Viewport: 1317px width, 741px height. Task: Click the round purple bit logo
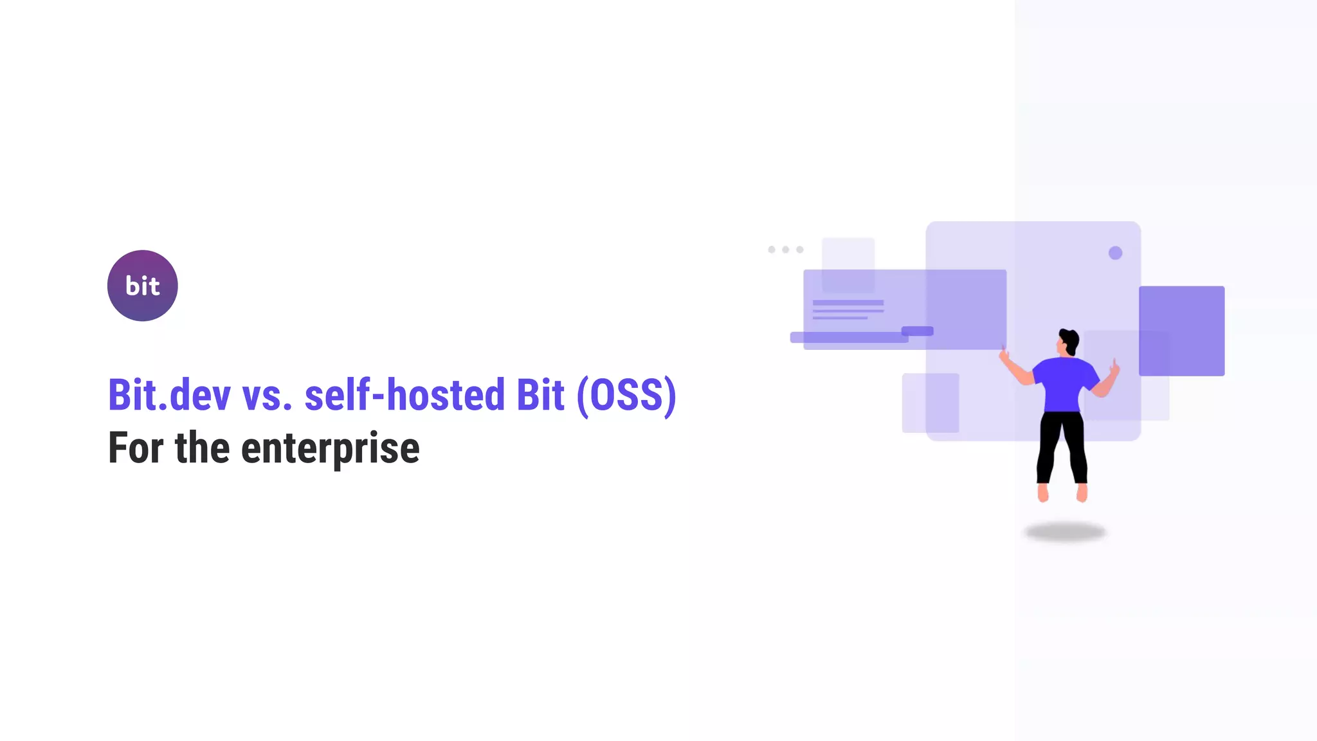tap(142, 286)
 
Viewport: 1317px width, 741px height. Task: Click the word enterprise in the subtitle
tap(330, 448)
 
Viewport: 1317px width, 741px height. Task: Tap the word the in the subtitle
tap(202, 448)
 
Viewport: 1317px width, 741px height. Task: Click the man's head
tap(1068, 341)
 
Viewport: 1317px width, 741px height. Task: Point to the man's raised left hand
tap(1004, 353)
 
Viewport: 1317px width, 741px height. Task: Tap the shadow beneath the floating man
tap(1065, 532)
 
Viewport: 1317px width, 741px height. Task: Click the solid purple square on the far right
tap(1181, 331)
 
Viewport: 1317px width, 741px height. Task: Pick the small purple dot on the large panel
tap(1115, 253)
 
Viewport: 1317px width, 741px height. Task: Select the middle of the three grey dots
tap(785, 250)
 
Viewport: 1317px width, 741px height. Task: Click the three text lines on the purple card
tap(848, 309)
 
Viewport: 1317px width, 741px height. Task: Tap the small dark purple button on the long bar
tap(917, 331)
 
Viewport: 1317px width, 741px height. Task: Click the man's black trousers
tap(1061, 444)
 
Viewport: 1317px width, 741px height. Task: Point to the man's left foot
tap(1042, 493)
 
